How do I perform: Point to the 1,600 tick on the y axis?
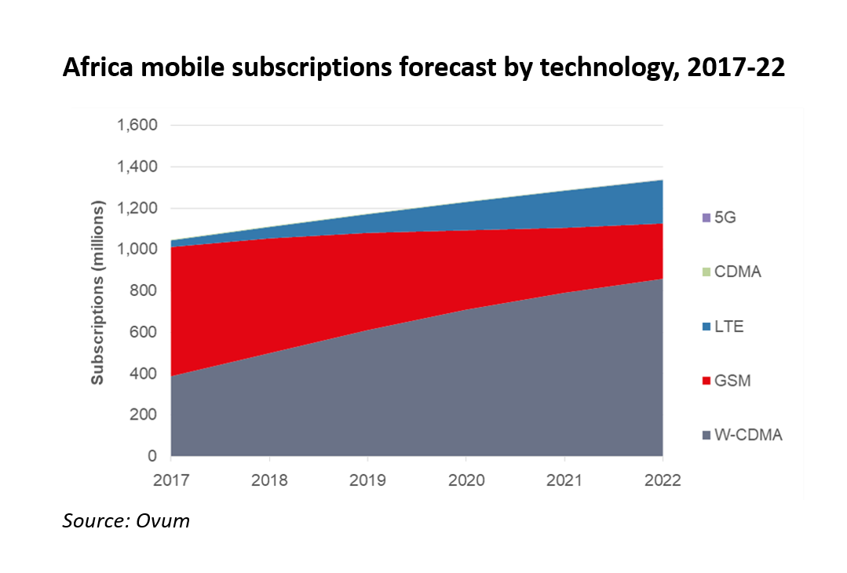coord(137,126)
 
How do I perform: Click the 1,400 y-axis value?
coord(137,167)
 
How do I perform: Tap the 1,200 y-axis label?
coord(137,209)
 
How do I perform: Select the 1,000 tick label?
coord(137,250)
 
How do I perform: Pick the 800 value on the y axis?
coord(143,291)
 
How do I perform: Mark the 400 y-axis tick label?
coord(143,374)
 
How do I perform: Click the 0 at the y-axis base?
coord(152,456)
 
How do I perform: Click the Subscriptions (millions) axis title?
coord(97,293)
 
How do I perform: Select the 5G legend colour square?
coord(706,217)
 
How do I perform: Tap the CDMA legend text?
coord(738,272)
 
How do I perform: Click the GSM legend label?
coord(732,381)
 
